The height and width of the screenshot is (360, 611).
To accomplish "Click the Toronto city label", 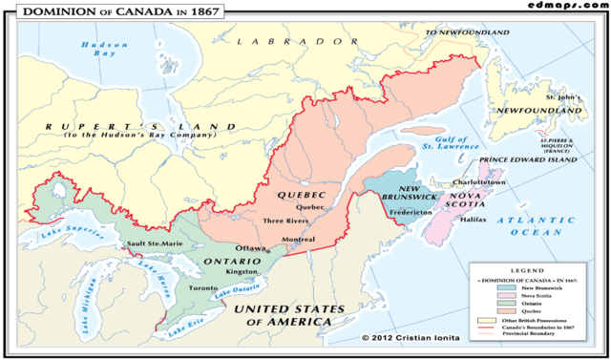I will (199, 287).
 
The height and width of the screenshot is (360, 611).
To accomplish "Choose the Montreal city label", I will (299, 239).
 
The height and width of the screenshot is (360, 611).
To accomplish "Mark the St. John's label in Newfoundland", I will (563, 97).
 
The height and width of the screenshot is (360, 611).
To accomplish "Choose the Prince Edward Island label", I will (531, 159).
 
